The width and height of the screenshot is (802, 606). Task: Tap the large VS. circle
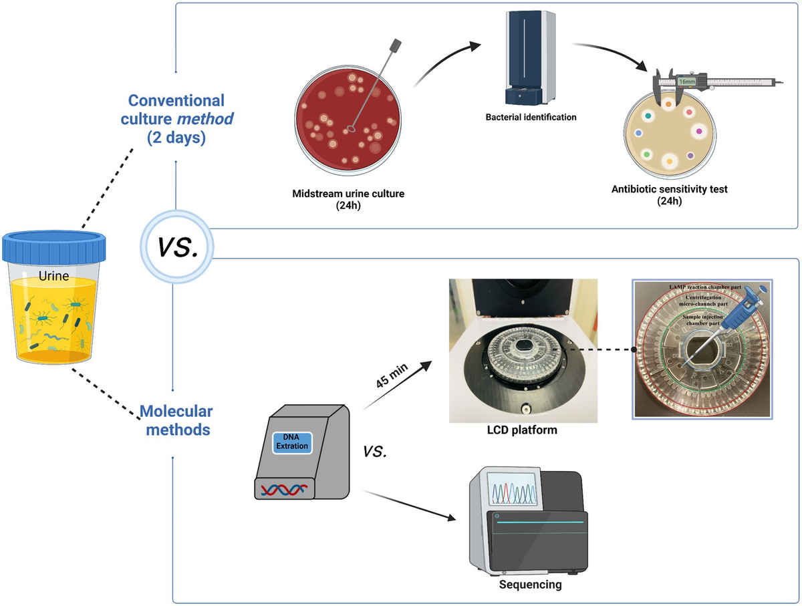tap(176, 247)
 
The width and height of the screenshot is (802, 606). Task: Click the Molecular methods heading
tap(176, 419)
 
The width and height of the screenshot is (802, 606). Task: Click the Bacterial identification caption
tap(531, 117)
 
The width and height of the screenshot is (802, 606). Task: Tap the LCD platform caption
tap(521, 430)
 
